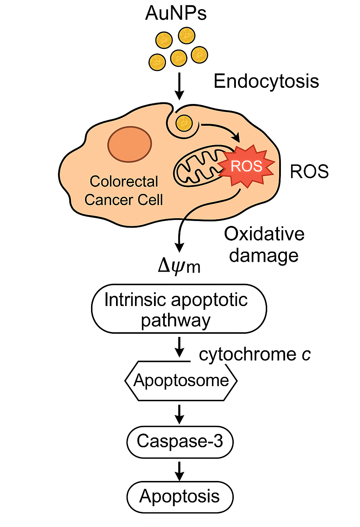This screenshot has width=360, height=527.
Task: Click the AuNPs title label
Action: coord(176,13)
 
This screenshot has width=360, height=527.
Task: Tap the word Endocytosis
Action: coord(266,82)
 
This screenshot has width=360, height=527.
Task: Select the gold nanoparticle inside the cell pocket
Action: coord(184,123)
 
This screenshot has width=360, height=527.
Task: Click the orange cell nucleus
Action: coord(130,144)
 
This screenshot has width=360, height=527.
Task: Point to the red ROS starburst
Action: coord(246,166)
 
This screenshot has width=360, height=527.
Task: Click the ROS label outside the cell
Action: coord(309,171)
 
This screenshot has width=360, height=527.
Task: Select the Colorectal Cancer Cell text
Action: coord(124,190)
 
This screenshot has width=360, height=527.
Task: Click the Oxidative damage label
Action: coord(264,245)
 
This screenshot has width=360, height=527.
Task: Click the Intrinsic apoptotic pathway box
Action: coord(179,309)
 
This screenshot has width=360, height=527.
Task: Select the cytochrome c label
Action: coord(255,354)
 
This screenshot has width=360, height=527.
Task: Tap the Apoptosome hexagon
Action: coord(181,380)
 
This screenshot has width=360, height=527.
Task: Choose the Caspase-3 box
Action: coord(180,442)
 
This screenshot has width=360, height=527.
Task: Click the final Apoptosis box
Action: coord(180,497)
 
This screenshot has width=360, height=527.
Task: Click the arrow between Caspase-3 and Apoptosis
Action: coord(179,471)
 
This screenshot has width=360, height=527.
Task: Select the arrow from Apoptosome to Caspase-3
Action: coord(179,415)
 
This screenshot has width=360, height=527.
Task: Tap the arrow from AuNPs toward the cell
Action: coord(179,86)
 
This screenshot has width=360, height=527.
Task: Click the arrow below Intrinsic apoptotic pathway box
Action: coord(179,347)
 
